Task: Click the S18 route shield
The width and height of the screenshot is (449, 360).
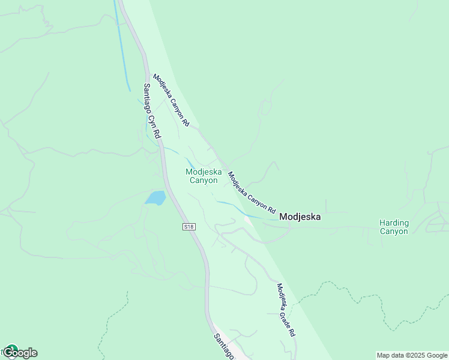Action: pos(189,226)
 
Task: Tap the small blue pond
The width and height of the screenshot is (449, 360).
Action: pos(156,197)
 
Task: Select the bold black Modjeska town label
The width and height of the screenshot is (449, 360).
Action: pos(300,217)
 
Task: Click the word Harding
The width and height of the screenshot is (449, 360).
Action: pos(394,223)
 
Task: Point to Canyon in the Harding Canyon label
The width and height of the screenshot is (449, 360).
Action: pos(394,231)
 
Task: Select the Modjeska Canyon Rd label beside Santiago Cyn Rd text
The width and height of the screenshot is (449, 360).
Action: pos(171,100)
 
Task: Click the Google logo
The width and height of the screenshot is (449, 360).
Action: pos(20,353)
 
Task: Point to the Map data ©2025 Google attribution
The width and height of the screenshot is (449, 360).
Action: pos(412,355)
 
